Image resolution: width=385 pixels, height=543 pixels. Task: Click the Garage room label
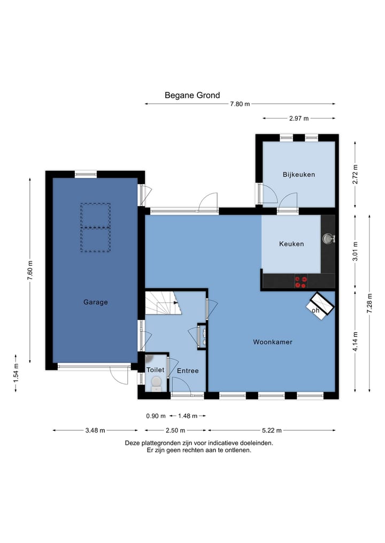tap(95, 302)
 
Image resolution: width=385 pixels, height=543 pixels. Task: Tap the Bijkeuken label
tap(298, 175)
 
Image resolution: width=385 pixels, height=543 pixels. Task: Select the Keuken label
tap(291, 244)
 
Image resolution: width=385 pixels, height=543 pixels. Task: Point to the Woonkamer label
tap(273, 342)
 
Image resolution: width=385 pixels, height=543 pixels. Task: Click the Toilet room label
tap(155, 370)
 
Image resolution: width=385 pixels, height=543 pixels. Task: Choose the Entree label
tap(188, 371)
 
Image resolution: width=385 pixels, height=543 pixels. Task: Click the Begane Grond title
tap(192, 95)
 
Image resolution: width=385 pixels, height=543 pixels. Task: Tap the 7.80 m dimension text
tap(240, 104)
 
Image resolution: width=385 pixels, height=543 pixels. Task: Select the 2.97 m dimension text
tap(299, 119)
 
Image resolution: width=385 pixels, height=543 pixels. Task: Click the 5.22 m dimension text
tap(272, 430)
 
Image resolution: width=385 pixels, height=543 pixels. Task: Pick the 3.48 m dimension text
tap(95, 430)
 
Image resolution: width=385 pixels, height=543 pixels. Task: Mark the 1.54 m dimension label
tap(16, 373)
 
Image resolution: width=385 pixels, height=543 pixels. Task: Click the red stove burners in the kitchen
tap(301, 282)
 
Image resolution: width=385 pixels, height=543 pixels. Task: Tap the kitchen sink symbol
tap(328, 238)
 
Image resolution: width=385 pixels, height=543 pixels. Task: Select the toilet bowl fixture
tap(157, 383)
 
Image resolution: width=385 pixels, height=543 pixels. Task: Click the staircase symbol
tap(163, 303)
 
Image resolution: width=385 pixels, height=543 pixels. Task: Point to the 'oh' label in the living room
tap(315, 310)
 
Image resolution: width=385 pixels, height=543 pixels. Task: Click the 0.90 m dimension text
tap(156, 416)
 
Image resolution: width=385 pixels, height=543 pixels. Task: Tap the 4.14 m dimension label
tap(355, 342)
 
